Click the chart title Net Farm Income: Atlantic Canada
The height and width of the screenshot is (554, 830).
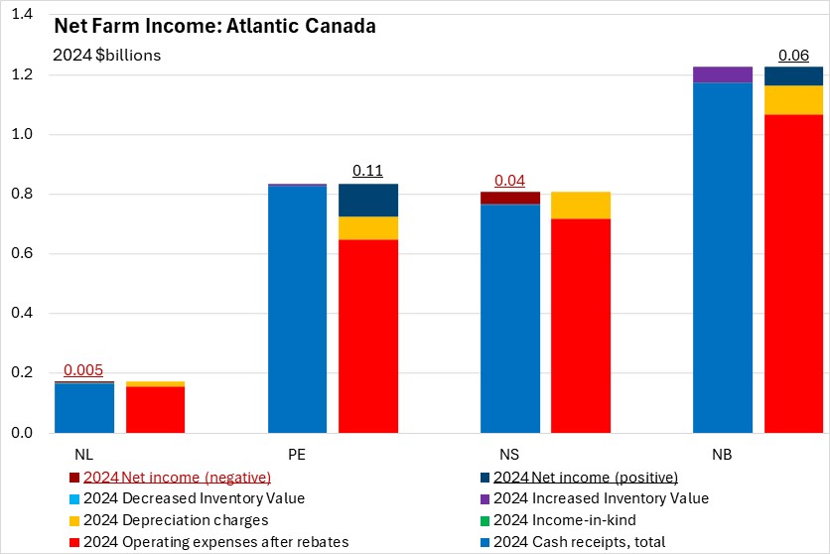point(214,27)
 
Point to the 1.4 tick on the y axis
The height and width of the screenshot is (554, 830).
point(21,15)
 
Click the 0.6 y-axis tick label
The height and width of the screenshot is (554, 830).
point(21,254)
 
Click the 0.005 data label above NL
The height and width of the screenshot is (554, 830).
point(83,370)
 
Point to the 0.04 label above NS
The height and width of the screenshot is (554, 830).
point(510,180)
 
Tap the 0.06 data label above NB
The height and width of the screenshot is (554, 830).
point(793,56)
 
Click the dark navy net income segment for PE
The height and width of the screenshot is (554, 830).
point(368,200)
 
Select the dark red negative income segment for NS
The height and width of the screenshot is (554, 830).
point(510,198)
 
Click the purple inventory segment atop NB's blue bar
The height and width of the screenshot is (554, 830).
point(723,74)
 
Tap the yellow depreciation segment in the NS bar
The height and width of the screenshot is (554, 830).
point(581,205)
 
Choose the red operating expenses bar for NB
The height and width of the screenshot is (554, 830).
point(793,273)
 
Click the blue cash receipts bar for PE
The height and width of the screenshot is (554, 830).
point(298,309)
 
